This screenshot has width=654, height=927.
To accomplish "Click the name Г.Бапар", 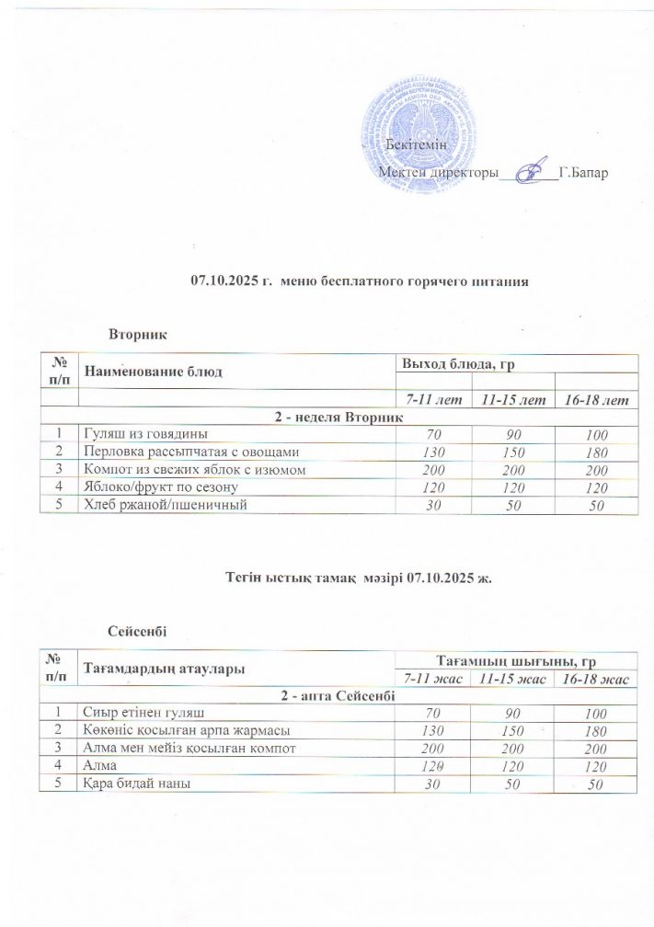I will (x=583, y=173).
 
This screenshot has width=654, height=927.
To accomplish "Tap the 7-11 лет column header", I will (x=430, y=401).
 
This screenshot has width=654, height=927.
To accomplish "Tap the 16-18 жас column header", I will (x=594, y=679).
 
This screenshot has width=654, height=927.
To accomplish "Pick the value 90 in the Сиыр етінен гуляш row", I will (x=509, y=713).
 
